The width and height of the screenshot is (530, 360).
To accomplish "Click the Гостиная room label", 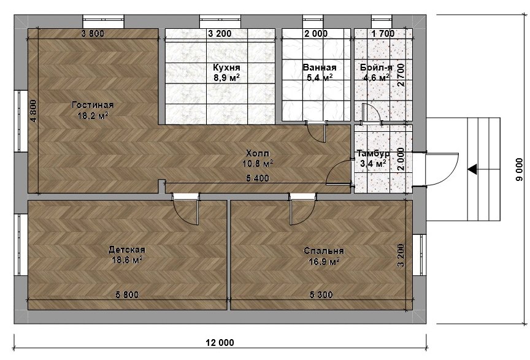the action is coord(93,105).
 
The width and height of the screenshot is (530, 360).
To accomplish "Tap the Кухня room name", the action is coord(226,67).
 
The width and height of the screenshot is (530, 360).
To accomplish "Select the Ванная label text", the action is coord(320,67).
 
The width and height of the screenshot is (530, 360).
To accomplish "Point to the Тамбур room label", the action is coord(373,153).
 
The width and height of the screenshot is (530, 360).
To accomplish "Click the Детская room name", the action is coord(127,250).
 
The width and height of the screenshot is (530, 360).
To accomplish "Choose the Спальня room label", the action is coord(324,251).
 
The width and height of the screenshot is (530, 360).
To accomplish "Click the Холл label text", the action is coord(258,153).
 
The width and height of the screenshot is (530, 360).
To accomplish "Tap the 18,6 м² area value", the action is coord(127,260).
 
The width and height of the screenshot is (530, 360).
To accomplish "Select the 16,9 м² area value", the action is coord(324,261).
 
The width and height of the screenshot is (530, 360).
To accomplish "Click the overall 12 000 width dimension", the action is coord(220,343).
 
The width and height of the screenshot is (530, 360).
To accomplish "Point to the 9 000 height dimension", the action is coord(520,169).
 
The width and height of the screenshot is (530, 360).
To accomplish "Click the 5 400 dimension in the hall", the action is coord(258,178).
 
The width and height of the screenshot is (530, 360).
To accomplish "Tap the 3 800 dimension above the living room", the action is coord(93,34).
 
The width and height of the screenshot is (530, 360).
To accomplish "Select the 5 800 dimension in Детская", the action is coord(127,295).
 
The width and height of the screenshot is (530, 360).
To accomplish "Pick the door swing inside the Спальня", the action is coord(303,213).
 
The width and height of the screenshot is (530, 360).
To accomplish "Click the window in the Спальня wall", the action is coord(419,255).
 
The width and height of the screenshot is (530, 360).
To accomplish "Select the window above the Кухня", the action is coord(220,21).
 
